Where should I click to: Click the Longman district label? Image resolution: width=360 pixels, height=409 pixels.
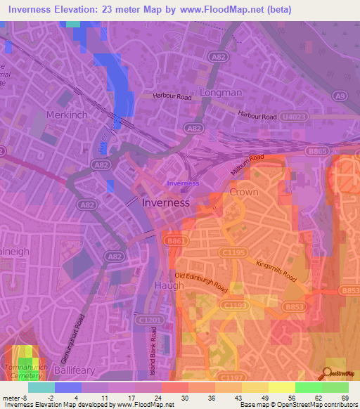[x=220, y=92]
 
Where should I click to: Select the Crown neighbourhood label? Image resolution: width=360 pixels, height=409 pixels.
[x=244, y=192]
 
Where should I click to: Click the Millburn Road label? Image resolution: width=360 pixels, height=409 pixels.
[x=247, y=167]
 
